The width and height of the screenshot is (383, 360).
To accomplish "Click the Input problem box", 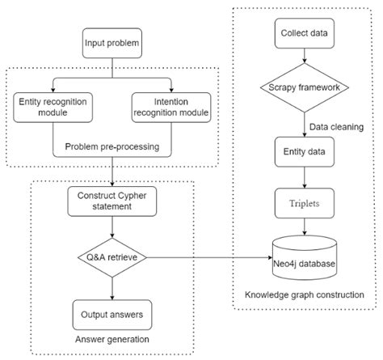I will pyautogui.click(x=113, y=40).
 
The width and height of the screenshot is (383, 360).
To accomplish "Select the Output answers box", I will pyautogui.click(x=113, y=311).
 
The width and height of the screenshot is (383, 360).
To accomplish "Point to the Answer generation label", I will pyautogui.click(x=113, y=338).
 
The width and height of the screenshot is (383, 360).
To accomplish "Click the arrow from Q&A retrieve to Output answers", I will pyautogui.click(x=113, y=286).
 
